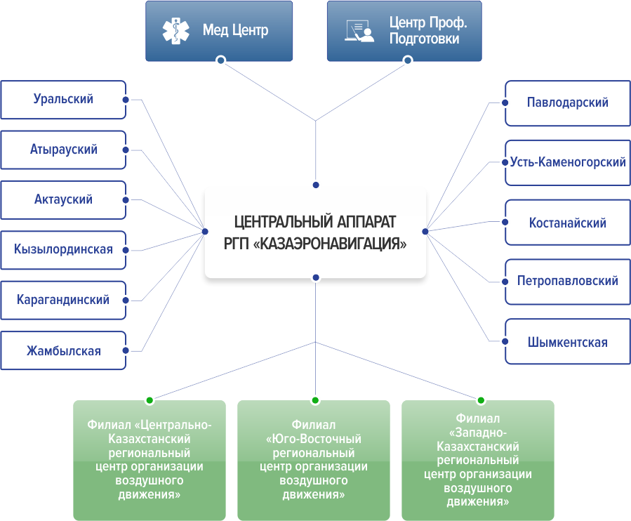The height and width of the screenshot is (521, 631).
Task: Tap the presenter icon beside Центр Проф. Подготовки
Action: pos(358,30)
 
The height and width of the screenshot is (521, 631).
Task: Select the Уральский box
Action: pos(63,99)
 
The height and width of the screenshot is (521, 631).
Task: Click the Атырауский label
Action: pos(63,150)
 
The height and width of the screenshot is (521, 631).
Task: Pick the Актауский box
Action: pos(63,199)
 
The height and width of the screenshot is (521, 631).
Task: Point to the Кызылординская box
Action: pos(63,249)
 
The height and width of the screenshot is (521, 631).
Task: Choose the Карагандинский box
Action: pos(63,300)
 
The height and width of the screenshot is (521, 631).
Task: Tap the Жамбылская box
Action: pos(63,350)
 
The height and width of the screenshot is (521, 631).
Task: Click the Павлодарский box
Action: pos(567,103)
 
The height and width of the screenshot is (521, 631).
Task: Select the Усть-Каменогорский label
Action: pos(568,162)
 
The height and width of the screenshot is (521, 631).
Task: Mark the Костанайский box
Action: pos(567,223)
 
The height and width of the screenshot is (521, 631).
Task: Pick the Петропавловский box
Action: pos(567,281)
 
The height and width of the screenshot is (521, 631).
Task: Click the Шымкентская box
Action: pos(567,343)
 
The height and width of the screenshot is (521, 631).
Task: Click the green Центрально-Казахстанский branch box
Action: pos(149,460)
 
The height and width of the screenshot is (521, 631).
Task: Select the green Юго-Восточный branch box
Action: pos(314,460)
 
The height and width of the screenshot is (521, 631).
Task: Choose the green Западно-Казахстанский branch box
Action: pos(478,460)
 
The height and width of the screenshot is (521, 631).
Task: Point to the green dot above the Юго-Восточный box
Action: pos(315,400)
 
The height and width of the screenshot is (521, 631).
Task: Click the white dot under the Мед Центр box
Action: pos(220,60)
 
